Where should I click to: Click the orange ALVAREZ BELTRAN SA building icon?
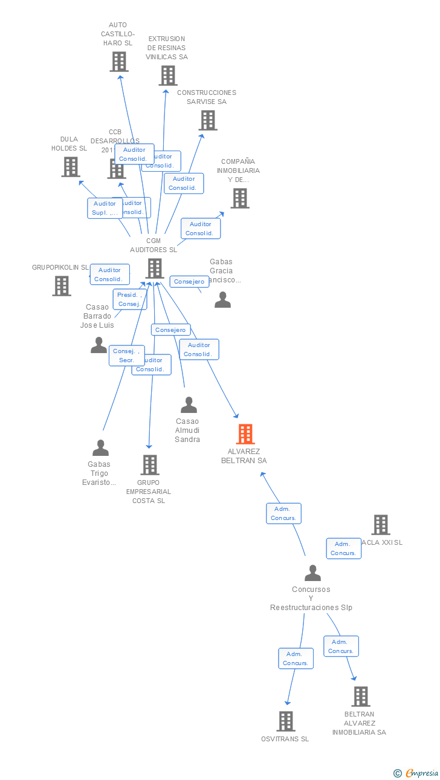(x=245, y=434)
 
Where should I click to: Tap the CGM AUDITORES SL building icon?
(x=155, y=268)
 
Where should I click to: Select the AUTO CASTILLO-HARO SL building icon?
(x=119, y=62)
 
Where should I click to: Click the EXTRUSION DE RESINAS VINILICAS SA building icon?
(x=168, y=76)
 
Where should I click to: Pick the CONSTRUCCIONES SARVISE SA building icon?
(x=208, y=120)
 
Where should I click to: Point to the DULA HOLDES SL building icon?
(x=71, y=167)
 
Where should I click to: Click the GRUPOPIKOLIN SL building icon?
(x=62, y=286)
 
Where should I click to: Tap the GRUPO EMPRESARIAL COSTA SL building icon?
(x=150, y=465)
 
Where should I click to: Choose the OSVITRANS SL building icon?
(x=286, y=721)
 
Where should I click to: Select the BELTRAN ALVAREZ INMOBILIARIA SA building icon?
(x=361, y=697)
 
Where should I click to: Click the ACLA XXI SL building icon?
(x=380, y=525)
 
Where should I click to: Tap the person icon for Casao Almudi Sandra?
(x=189, y=405)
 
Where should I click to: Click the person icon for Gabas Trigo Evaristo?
(x=100, y=448)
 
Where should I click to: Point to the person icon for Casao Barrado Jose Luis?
(x=99, y=345)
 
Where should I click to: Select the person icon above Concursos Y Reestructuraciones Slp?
(x=312, y=573)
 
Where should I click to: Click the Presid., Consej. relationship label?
(x=130, y=299)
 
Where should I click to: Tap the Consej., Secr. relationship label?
(x=126, y=356)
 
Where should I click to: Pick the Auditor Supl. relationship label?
(x=105, y=208)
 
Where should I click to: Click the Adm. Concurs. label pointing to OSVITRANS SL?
(x=296, y=658)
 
